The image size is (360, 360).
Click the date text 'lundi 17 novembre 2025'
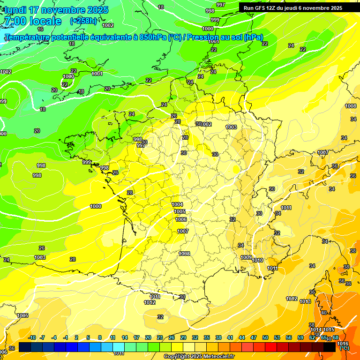click(56, 10)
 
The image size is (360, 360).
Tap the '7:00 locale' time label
click(32, 21)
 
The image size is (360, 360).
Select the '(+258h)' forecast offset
click(83, 21)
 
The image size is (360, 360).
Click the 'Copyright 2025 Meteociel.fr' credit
click(199, 357)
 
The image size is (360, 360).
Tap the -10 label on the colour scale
click(32, 337)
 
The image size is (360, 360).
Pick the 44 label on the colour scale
click(242, 337)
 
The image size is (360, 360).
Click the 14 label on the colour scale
click(125, 337)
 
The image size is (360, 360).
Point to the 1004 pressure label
click(177, 204)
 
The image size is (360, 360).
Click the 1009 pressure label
click(246, 257)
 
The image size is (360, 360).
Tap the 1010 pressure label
click(257, 260)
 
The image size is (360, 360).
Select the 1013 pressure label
click(305, 301)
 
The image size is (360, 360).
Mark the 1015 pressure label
click(329, 330)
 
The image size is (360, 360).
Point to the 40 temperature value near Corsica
click(323, 313)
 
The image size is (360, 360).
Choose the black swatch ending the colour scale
click(330, 347)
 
